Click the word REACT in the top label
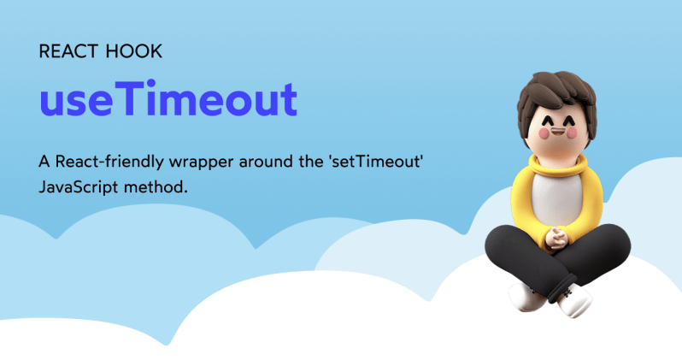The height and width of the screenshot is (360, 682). [x=68, y=51]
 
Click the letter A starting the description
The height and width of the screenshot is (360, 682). [x=44, y=161]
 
